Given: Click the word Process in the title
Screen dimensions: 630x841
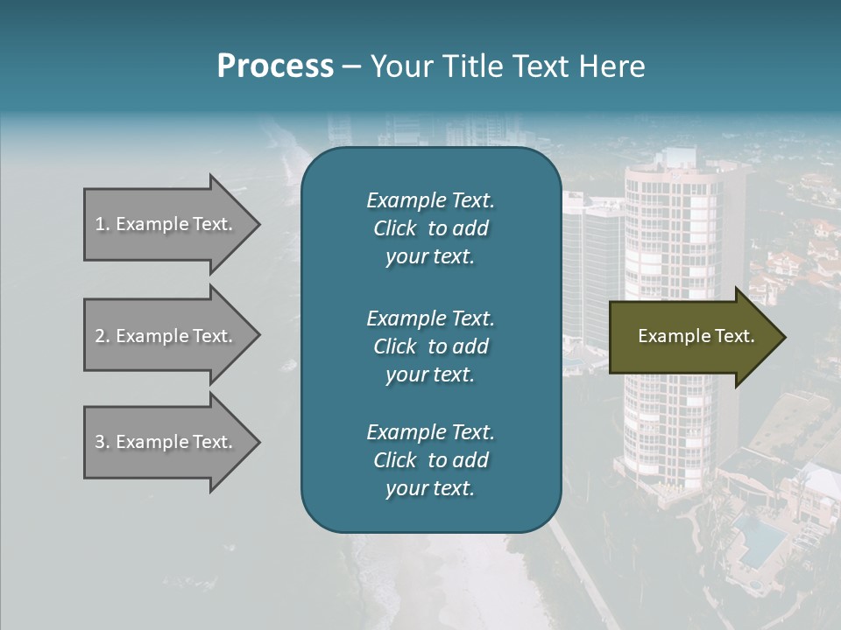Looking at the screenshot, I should [275, 66].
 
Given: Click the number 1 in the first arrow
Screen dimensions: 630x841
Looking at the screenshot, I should [99, 224].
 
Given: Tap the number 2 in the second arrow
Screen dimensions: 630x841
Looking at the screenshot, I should [99, 336].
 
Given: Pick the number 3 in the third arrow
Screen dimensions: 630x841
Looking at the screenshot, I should [99, 442].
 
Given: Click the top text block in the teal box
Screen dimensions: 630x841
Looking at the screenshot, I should [430, 228].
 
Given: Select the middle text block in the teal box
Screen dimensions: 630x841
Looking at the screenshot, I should [430, 346].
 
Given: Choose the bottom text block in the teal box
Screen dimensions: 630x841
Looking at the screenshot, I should [430, 460].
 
